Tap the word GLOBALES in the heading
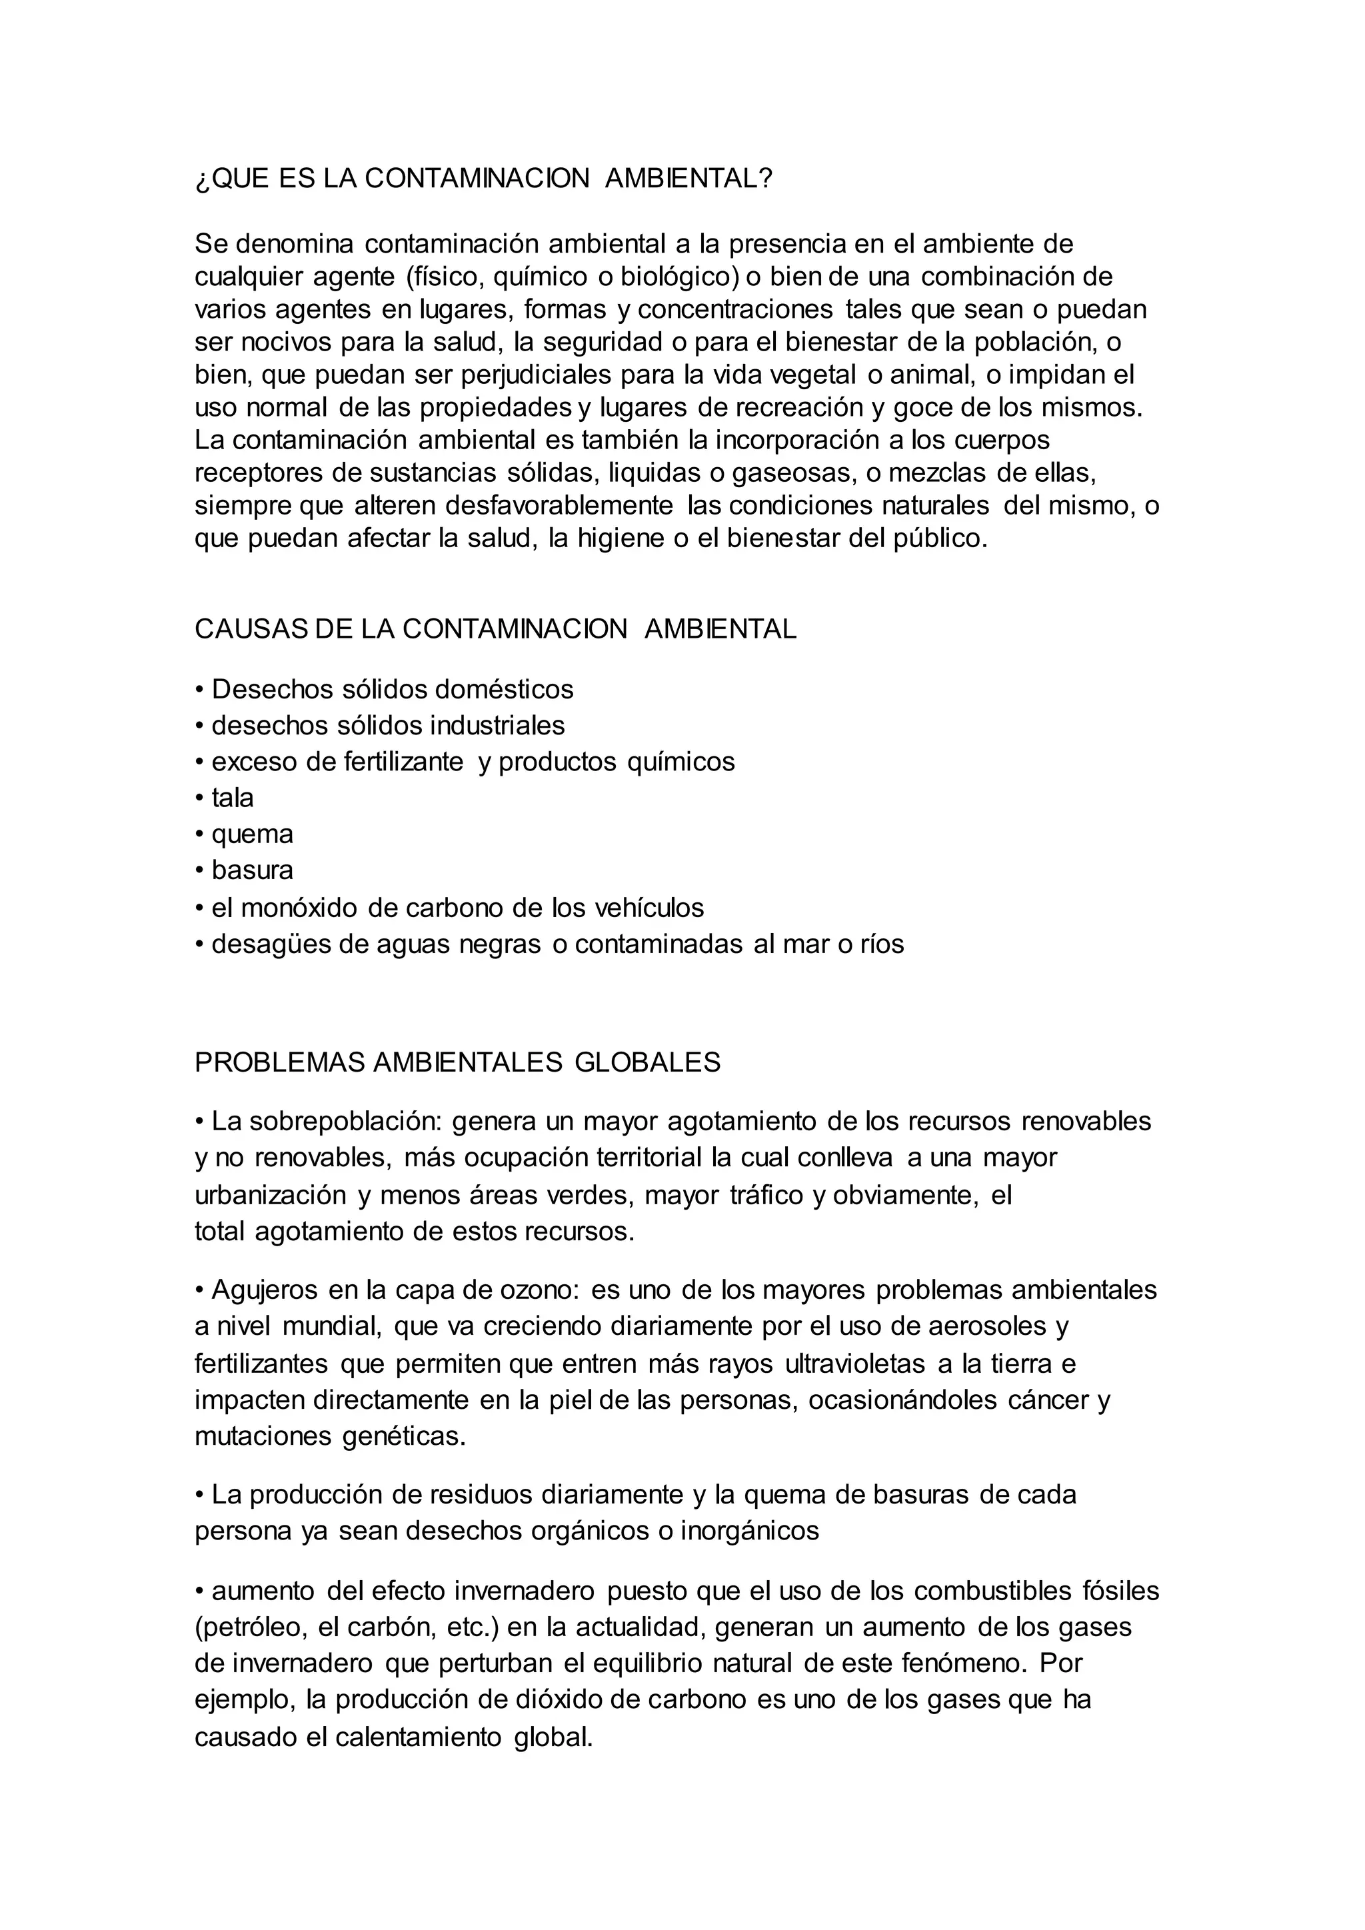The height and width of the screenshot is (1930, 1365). point(647,1062)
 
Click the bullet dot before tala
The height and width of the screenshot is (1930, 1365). point(200,798)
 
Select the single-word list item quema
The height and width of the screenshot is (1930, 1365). point(252,834)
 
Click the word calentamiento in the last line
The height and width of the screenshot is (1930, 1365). point(418,1737)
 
